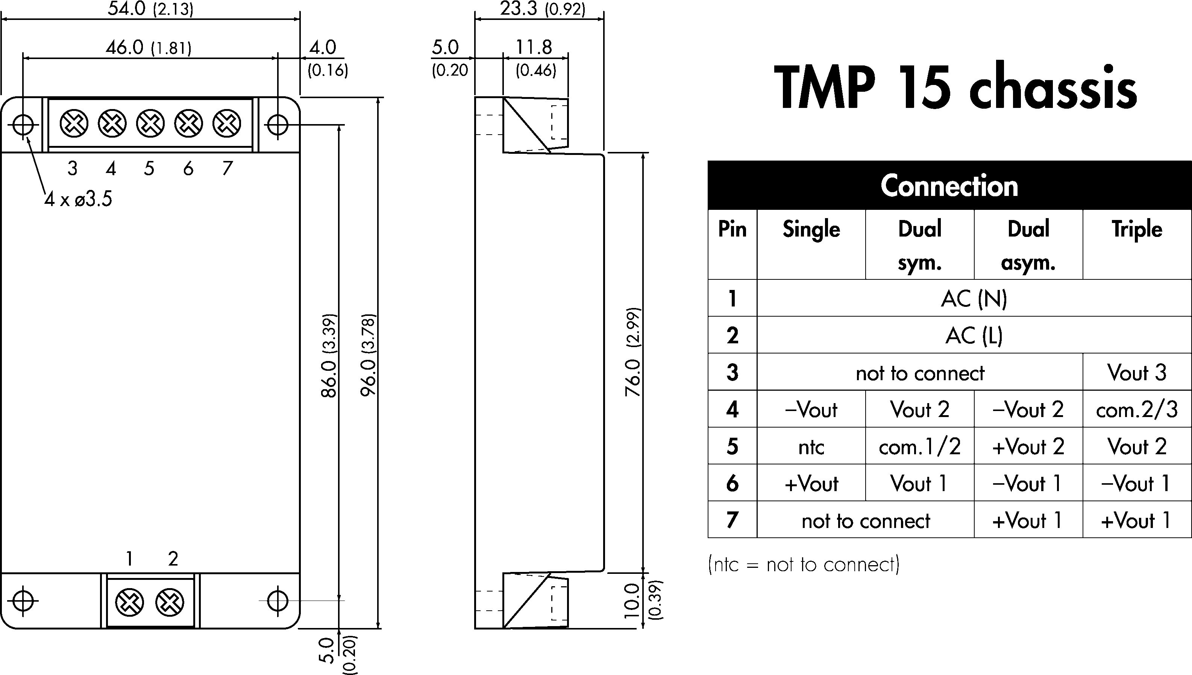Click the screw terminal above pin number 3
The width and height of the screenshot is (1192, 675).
click(x=74, y=124)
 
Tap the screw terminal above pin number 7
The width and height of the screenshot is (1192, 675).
click(x=227, y=124)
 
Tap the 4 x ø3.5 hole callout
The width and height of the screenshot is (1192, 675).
click(x=78, y=199)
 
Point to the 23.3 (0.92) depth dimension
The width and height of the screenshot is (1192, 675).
click(x=543, y=9)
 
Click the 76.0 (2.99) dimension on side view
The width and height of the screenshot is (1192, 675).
click(x=633, y=351)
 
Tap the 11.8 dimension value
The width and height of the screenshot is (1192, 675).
click(x=534, y=47)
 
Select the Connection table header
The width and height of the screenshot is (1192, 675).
click(x=949, y=186)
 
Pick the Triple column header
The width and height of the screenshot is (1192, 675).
click(x=1137, y=229)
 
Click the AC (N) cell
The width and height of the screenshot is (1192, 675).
click(x=974, y=299)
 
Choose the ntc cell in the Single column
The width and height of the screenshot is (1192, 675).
click(x=811, y=447)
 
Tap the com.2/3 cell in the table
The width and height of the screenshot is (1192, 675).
click(x=1137, y=410)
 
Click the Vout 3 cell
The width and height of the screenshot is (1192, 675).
click(x=1137, y=373)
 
